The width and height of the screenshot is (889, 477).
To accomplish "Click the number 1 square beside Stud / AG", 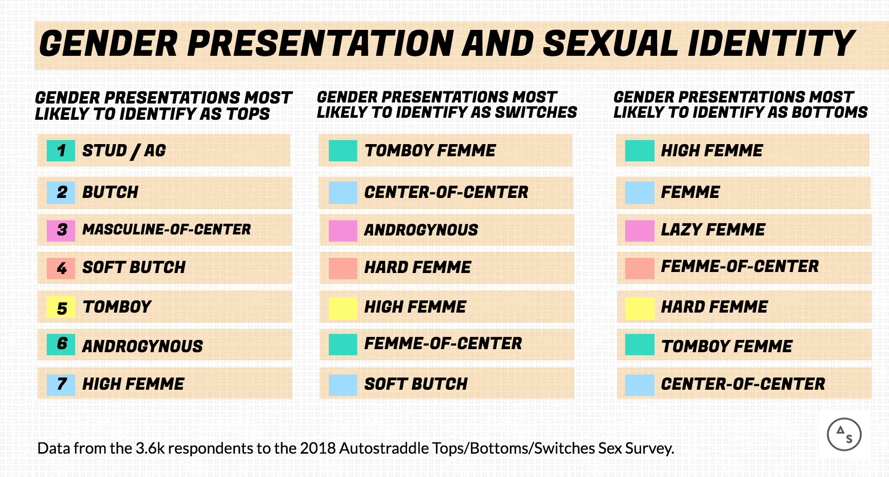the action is tap(61, 151).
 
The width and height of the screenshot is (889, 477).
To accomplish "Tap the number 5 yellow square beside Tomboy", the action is tap(61, 307).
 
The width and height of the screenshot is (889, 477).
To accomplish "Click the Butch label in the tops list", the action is tap(110, 192).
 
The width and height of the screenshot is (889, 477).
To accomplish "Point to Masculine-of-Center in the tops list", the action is tap(166, 229).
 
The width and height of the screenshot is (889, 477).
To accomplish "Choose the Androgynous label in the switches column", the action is tap(421, 230).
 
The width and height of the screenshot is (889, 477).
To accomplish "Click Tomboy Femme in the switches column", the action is tap(430, 151).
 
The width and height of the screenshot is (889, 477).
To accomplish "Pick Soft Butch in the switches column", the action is tap(416, 384).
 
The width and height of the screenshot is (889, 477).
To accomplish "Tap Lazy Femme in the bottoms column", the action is tap(713, 229).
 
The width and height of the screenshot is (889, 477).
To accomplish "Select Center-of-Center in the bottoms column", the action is tap(743, 384).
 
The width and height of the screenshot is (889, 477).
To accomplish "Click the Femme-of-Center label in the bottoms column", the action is tap(740, 266).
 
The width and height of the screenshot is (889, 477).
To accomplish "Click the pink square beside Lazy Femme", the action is tap(640, 231).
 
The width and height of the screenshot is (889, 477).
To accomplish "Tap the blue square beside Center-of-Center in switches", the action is tap(343, 193).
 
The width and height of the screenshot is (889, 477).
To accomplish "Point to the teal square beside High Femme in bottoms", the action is tap(640, 151).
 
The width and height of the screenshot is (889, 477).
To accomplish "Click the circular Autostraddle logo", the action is tap(844, 434).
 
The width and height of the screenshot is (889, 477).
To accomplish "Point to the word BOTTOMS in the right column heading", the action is tap(830, 112).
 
